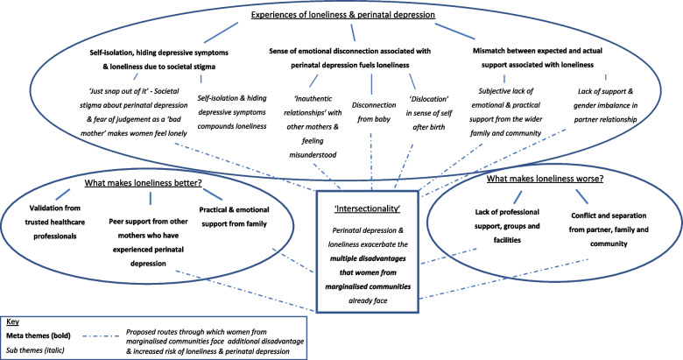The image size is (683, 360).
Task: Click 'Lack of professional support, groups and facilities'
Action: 501,215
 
